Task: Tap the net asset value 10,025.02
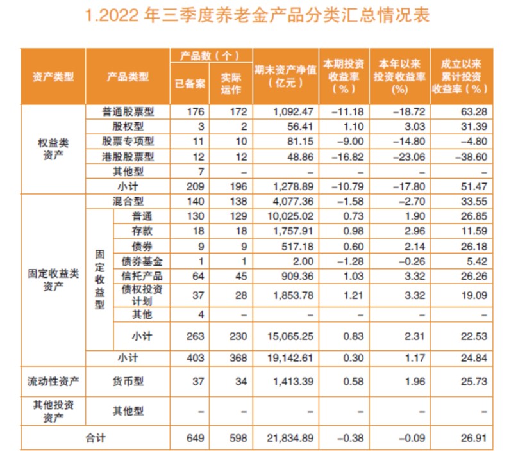point(292,216)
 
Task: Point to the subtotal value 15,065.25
point(292,336)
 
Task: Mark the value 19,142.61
point(292,359)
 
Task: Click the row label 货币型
point(128,382)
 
